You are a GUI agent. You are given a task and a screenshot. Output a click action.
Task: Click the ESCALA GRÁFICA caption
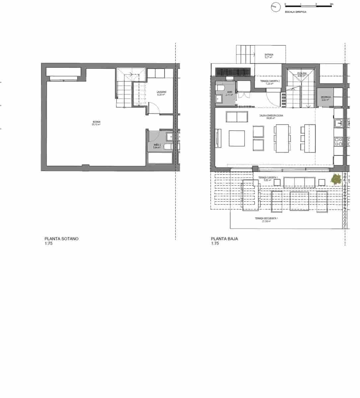point(295,12)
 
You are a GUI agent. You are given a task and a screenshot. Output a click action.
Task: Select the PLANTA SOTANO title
point(61,238)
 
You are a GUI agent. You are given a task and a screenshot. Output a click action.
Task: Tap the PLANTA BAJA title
point(225,238)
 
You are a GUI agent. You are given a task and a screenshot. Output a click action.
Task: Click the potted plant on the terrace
point(336,180)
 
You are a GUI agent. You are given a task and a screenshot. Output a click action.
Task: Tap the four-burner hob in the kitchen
point(338,142)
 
